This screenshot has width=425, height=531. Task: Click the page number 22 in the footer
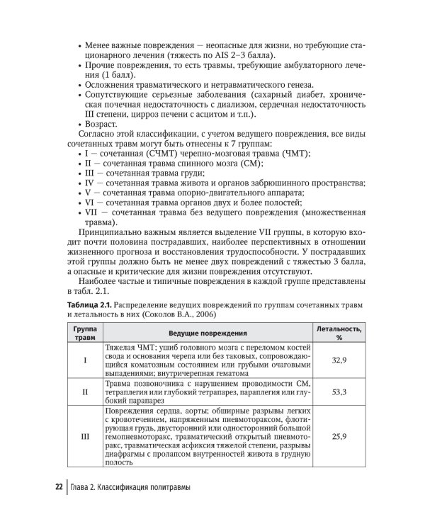(x=59, y=489)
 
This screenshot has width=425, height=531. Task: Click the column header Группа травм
(x=85, y=332)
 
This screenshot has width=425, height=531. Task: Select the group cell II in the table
(x=85, y=390)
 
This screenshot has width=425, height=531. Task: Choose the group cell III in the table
(x=85, y=436)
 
